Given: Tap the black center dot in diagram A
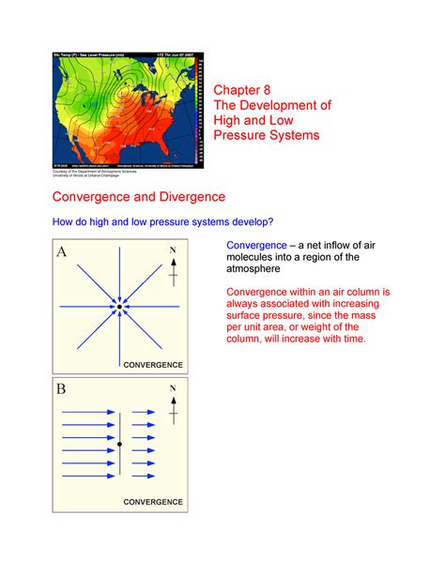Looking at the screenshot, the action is point(120,306).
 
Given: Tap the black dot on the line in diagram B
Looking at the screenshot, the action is point(120,444).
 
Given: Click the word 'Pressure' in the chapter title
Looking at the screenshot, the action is point(245,136).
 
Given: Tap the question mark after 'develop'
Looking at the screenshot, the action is point(271,221).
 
